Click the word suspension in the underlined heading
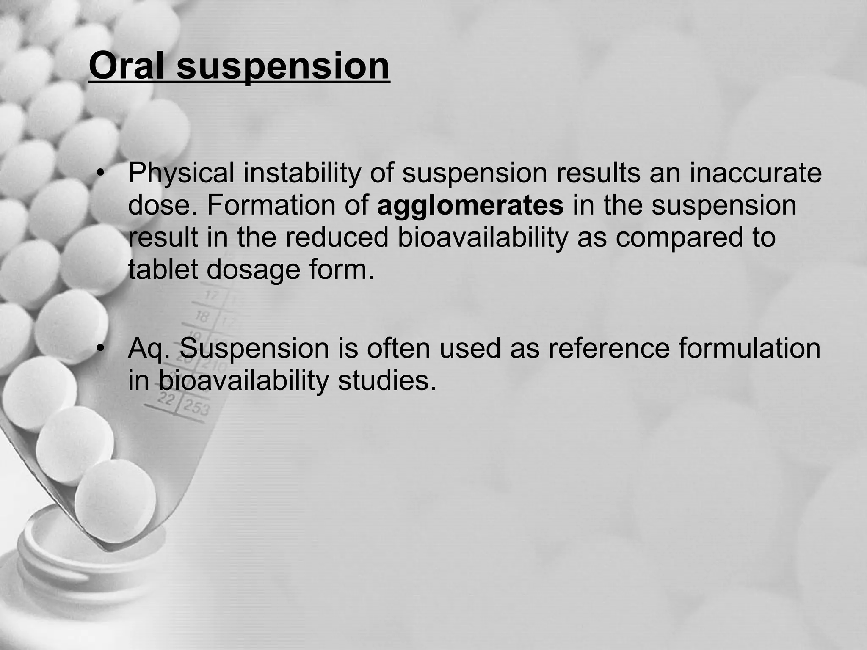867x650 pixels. click(283, 67)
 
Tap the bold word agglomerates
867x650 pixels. click(470, 205)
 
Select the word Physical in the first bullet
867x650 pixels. click(181, 174)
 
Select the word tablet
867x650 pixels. click(163, 269)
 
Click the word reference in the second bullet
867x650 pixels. click(609, 348)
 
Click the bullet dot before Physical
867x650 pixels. click(100, 174)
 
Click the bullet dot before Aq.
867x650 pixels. click(100, 349)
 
